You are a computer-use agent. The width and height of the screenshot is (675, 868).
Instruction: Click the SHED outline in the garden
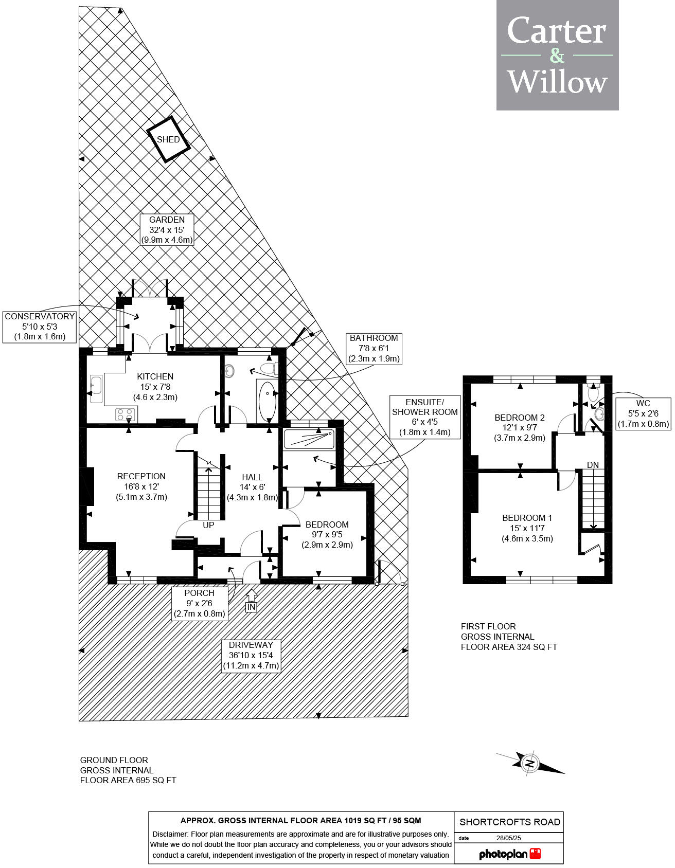(x=168, y=139)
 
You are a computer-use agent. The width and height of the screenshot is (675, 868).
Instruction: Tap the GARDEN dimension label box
(x=167, y=230)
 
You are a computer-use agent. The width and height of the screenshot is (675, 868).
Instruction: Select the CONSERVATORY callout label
(x=40, y=327)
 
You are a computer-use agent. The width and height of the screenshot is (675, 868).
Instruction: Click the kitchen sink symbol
(x=96, y=389)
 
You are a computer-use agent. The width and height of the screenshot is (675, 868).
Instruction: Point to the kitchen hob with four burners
(x=126, y=414)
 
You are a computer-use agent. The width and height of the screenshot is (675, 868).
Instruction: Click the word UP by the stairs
(x=208, y=525)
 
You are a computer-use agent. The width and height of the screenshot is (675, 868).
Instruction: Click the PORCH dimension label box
(x=199, y=603)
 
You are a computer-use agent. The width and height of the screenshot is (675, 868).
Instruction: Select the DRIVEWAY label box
(x=251, y=655)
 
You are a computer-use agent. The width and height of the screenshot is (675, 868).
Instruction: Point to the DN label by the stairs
(x=593, y=465)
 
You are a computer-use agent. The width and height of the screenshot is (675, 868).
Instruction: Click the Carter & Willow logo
(x=557, y=56)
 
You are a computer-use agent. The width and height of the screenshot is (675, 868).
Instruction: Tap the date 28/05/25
(x=508, y=838)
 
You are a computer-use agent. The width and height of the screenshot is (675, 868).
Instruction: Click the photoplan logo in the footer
(x=509, y=854)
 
